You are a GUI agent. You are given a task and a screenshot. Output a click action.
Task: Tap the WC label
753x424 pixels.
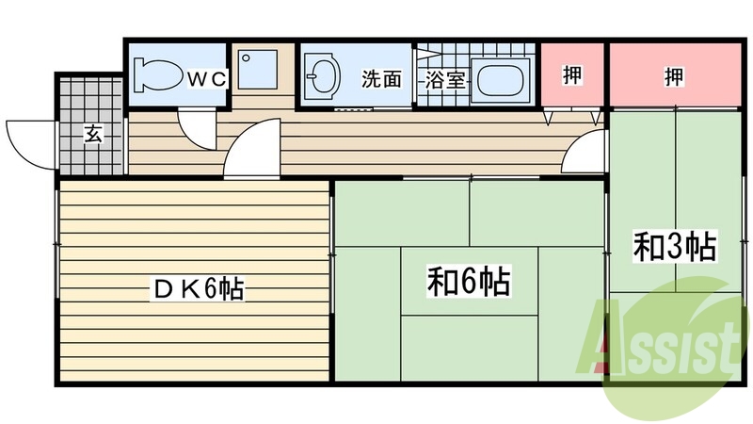205,79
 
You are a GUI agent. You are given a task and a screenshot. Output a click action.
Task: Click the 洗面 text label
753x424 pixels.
381,79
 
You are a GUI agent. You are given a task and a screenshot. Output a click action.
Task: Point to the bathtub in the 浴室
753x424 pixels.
502,77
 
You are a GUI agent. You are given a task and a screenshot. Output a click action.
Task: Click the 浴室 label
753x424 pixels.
445,79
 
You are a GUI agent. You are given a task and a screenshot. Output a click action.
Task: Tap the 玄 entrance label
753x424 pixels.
92,134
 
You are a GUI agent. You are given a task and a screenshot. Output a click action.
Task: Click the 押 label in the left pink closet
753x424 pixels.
572,75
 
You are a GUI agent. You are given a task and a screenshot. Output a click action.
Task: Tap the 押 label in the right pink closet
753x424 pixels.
673,75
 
